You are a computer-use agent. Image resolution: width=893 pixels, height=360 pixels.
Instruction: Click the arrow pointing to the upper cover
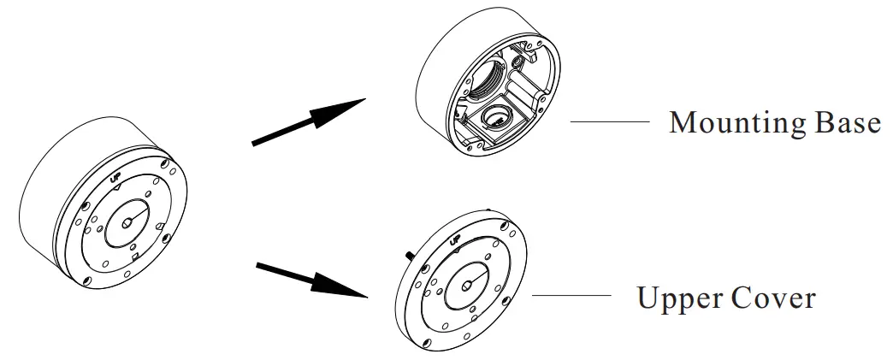[315, 280]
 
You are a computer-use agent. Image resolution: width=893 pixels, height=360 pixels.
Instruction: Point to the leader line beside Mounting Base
[608, 122]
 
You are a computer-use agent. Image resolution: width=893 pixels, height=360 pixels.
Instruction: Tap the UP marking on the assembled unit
[119, 180]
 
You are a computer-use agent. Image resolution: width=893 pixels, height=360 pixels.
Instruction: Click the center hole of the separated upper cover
[470, 285]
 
